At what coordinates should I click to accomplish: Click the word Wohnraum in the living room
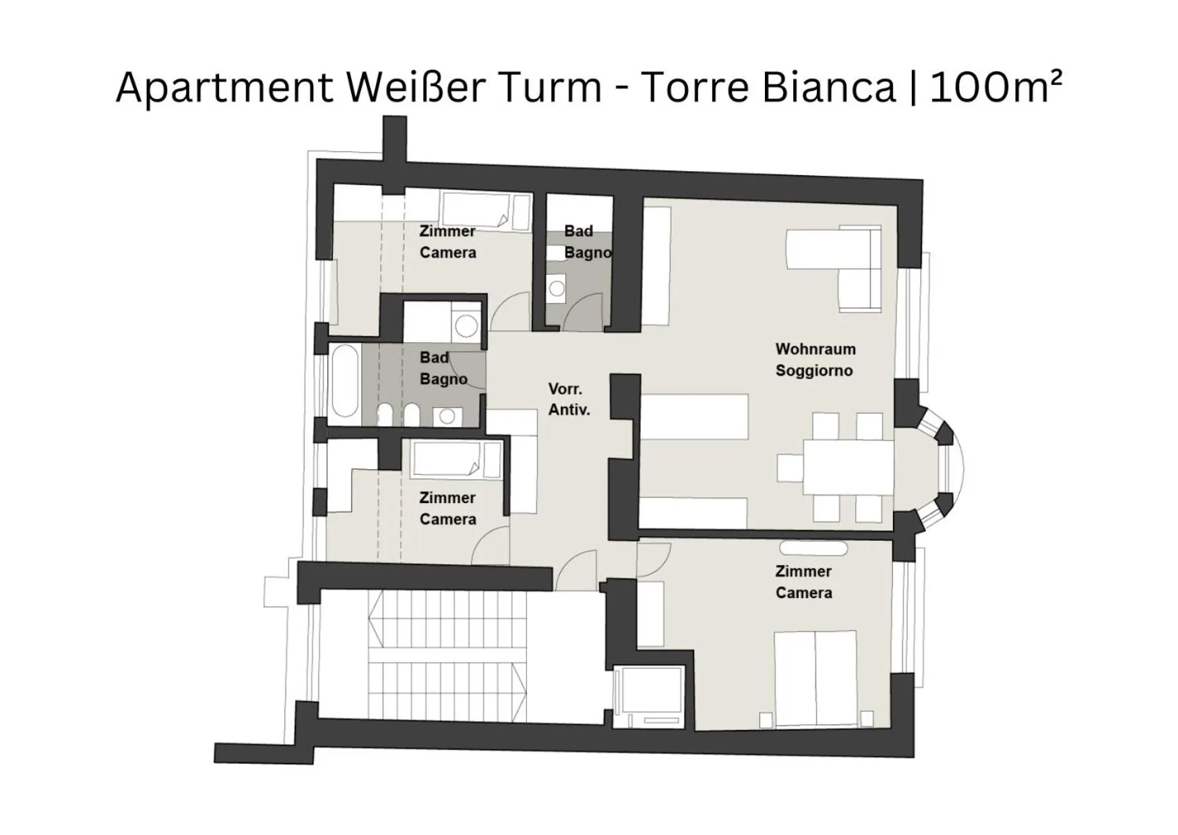pos(815,349)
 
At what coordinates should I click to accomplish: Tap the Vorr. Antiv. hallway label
pos(569,399)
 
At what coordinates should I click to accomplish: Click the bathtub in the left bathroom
pos(345,381)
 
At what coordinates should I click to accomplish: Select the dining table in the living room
pos(848,467)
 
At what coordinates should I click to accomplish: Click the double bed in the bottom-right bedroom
pos(815,679)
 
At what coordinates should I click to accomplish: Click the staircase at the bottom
pos(448,657)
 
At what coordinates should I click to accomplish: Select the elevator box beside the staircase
pos(649,697)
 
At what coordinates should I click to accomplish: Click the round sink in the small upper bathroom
pos(557,289)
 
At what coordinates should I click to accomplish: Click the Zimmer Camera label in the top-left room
pos(447,242)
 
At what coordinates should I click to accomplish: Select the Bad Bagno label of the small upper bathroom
pos(586,242)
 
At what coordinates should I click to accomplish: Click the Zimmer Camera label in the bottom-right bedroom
pos(803,582)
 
